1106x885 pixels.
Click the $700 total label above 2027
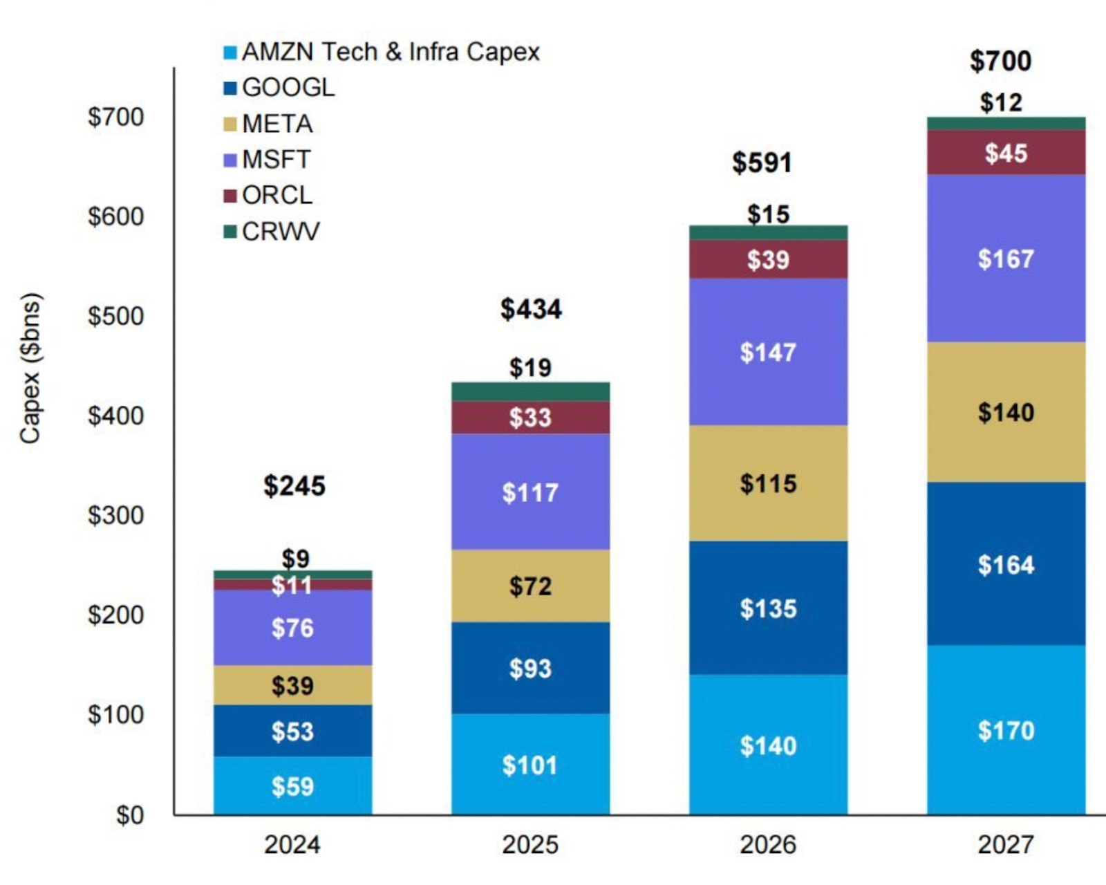tap(1000, 62)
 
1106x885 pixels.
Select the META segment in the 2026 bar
tap(768, 483)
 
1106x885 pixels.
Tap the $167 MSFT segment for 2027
tap(1006, 259)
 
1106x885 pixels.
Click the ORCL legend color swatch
tap(230, 196)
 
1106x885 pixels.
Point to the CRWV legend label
tap(281, 232)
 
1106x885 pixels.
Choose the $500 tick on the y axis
tap(115, 316)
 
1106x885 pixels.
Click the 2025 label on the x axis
tap(530, 844)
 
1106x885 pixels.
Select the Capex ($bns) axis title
tap(30, 368)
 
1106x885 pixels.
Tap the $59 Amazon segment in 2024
tap(292, 786)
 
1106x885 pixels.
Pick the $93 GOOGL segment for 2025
tap(530, 669)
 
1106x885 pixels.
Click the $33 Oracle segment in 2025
tap(530, 418)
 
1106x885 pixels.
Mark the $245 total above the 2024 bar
tap(294, 486)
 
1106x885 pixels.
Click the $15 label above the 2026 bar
tap(768, 214)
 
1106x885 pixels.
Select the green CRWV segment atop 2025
tap(530, 391)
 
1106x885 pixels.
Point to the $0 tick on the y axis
tap(129, 815)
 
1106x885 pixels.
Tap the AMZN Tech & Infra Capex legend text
tap(391, 52)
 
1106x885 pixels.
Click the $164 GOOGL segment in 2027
tap(1006, 565)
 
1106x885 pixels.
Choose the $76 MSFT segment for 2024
tap(292, 628)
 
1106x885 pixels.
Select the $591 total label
tap(762, 163)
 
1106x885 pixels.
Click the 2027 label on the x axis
tap(1006, 844)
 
